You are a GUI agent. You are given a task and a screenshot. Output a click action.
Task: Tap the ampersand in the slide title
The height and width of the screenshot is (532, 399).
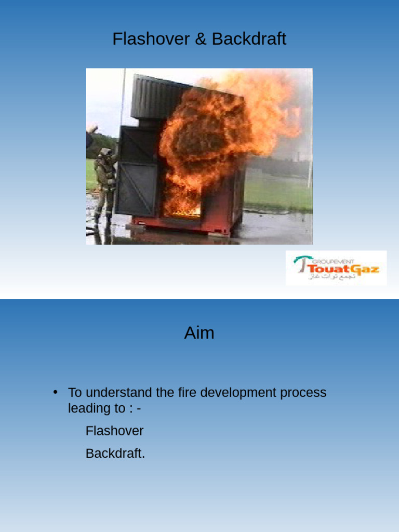[x=201, y=39]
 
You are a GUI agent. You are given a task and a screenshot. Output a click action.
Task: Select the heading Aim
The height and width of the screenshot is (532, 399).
[x=199, y=332]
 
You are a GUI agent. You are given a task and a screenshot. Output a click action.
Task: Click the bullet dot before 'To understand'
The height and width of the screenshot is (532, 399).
[x=56, y=392]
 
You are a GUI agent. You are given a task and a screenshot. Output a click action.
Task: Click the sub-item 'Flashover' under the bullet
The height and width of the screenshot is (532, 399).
[x=114, y=431]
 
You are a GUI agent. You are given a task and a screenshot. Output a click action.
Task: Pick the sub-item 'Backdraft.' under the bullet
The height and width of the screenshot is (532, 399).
[x=115, y=453]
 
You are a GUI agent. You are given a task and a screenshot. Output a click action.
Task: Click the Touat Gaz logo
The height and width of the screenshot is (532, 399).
[x=336, y=268]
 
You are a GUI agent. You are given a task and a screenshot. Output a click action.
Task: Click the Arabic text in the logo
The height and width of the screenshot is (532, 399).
[x=332, y=276]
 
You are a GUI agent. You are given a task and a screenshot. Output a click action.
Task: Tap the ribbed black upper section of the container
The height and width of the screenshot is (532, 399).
[x=156, y=99]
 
